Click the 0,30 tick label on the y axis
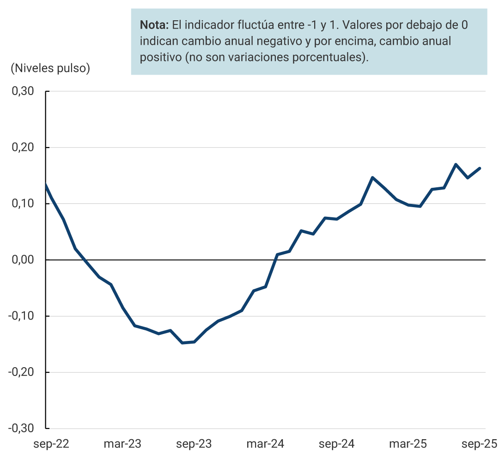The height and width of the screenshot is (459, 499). [x=23, y=91]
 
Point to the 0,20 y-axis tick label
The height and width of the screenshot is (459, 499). [x=23, y=148]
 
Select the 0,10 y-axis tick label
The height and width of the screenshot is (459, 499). [x=23, y=203]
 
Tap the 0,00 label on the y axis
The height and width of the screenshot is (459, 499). [x=23, y=260]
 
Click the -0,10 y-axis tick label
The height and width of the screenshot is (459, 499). [x=21, y=316]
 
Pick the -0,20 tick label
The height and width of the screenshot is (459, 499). [x=21, y=372]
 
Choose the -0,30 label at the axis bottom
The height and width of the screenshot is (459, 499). [x=21, y=428]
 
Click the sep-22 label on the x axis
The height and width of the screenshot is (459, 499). [x=52, y=444]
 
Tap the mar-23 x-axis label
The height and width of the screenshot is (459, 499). [x=122, y=444]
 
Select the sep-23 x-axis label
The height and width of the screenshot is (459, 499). [x=195, y=444]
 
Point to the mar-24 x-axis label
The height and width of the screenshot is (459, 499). [x=265, y=444]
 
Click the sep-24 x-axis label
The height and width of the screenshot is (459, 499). [x=337, y=444]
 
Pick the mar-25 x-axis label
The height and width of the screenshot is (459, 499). [x=408, y=444]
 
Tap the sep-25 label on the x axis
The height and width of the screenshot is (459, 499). [x=479, y=444]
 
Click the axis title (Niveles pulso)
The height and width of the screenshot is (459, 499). [x=50, y=68]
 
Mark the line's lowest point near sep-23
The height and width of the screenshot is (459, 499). [x=183, y=343]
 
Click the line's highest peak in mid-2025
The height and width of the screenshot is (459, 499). [x=456, y=164]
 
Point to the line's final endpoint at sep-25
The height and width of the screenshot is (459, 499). [x=480, y=168]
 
